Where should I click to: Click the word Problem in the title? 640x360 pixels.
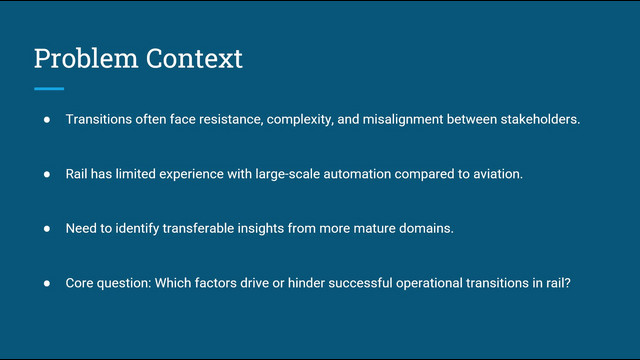[x=86, y=58]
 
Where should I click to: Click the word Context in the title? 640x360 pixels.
[x=194, y=58]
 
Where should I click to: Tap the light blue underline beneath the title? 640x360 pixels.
[x=49, y=89]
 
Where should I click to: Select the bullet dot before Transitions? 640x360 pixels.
[x=47, y=120]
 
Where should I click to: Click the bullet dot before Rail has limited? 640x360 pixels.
[x=47, y=174]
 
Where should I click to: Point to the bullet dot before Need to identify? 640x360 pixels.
[x=47, y=229]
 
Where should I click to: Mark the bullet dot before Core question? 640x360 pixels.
[x=47, y=283]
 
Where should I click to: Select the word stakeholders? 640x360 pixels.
[x=539, y=119]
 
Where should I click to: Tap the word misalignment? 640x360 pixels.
[x=403, y=120]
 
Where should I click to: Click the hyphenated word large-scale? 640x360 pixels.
[x=288, y=174]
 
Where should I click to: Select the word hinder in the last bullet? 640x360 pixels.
[x=306, y=283]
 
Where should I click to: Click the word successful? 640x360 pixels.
[x=360, y=283]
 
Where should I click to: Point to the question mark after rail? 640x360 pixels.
[x=567, y=283]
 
